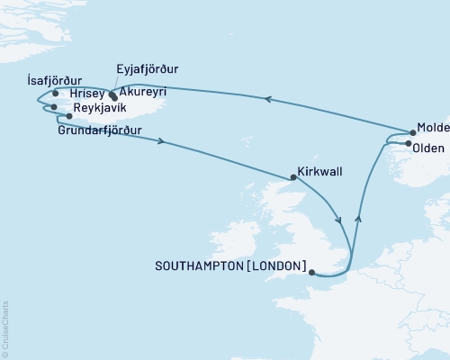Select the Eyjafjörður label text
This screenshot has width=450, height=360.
[x=149, y=67]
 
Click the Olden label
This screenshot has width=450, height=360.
[x=433, y=144]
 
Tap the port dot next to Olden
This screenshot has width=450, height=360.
[x=410, y=144]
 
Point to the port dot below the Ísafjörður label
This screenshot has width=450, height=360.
[x=55, y=93]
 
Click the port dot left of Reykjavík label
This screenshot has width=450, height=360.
[x=69, y=116]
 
